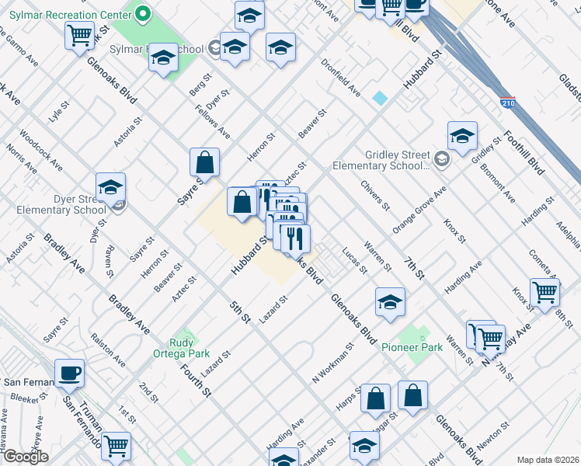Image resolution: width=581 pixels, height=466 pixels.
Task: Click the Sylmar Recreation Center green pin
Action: [142, 12]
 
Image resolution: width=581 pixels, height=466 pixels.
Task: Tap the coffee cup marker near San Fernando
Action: [69, 373]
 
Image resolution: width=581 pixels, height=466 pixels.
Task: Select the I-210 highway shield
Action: [509, 103]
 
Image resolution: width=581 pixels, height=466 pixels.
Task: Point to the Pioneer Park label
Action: [405, 347]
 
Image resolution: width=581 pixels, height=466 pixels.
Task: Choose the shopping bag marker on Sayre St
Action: [204, 163]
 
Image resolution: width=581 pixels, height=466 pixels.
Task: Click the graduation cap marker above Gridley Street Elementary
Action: [462, 135]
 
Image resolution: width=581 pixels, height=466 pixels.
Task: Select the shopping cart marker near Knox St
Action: [546, 292]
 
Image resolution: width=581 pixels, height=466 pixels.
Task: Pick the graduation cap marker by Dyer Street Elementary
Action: [110, 186]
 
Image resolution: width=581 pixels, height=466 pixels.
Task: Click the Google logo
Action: [26, 457]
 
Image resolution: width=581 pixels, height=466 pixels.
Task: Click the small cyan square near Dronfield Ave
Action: [380, 98]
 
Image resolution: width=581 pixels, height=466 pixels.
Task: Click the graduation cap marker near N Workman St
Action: [390, 301]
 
